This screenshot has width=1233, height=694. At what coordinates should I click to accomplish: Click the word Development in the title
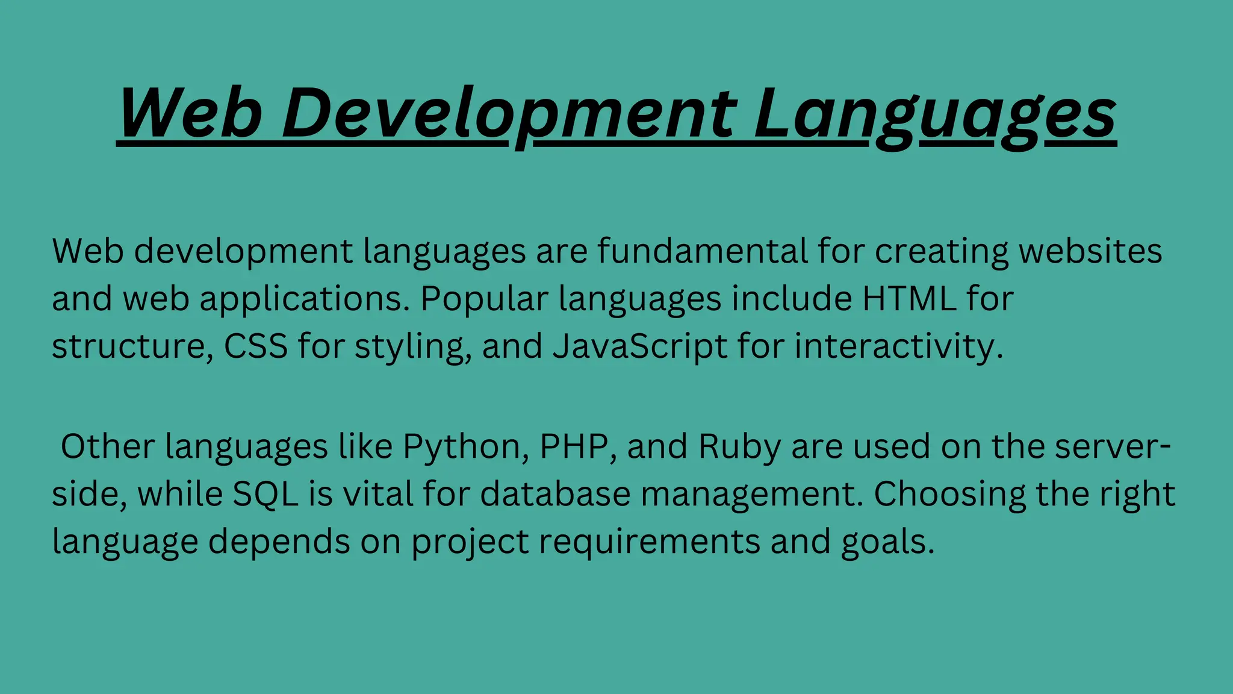[509, 113]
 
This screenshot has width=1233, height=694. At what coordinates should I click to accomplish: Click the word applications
[305, 299]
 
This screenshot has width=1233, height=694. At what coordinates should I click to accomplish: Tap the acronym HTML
[909, 299]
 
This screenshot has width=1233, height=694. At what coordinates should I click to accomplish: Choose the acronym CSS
[256, 346]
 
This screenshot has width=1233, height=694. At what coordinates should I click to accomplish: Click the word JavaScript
[640, 347]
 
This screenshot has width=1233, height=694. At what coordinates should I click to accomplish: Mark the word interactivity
[898, 347]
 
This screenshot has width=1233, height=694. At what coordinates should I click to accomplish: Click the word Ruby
[739, 447]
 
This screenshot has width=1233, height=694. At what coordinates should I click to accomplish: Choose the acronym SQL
[266, 495]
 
